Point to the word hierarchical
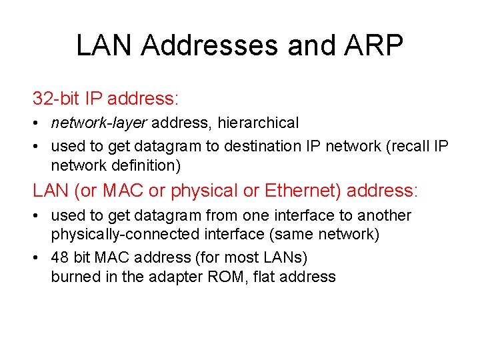coord(258,123)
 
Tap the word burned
coord(76,277)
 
